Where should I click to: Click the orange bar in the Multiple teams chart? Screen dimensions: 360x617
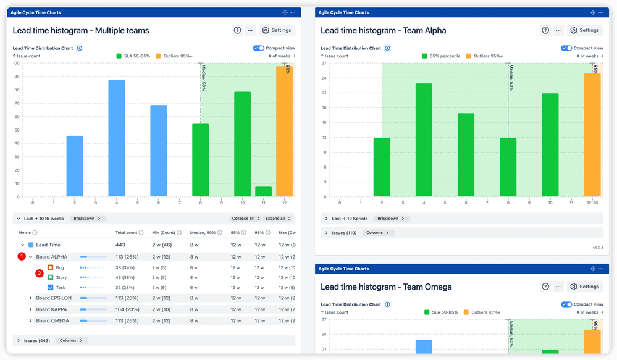tap(284, 131)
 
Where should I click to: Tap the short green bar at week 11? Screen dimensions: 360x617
tap(263, 191)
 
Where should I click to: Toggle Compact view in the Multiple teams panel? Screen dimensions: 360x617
tap(258, 48)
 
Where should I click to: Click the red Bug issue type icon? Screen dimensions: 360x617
tap(51, 268)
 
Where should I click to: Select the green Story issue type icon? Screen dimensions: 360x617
tap(51, 278)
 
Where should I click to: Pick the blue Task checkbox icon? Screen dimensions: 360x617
tap(51, 288)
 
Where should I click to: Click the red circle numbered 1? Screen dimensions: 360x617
tap(21, 256)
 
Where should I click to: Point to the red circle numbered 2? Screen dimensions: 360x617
tap(39, 272)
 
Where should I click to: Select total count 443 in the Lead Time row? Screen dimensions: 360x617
tap(120, 245)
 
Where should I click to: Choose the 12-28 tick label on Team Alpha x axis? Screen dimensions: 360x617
tap(592, 202)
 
